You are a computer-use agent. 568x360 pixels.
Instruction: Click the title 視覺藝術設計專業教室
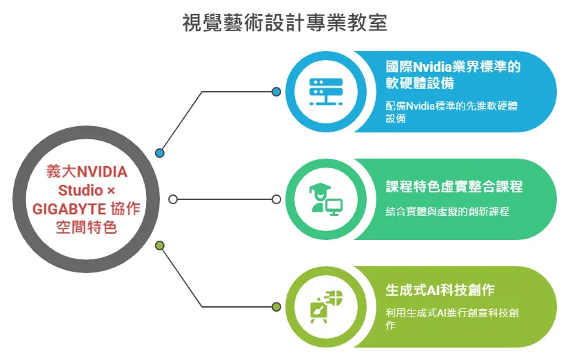pyautogui.click(x=285, y=23)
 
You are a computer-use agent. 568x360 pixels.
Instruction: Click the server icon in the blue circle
pyautogui.click(x=325, y=92)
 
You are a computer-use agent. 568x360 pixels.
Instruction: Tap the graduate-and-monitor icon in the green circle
pyautogui.click(x=325, y=199)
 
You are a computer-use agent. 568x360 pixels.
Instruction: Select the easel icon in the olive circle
pyautogui.click(x=325, y=307)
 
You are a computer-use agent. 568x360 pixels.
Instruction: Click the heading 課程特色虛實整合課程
pyautogui.click(x=454, y=186)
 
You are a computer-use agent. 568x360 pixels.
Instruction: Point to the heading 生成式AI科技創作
pyautogui.click(x=440, y=290)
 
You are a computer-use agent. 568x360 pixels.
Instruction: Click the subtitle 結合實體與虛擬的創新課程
pyautogui.click(x=447, y=211)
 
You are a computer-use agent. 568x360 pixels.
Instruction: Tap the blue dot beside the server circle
pyautogui.click(x=276, y=92)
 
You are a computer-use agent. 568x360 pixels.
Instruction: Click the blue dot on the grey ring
pyautogui.click(x=160, y=153)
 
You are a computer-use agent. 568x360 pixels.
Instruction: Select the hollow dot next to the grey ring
pyautogui.click(x=173, y=199)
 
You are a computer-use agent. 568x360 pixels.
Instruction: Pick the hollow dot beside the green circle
pyautogui.click(x=276, y=199)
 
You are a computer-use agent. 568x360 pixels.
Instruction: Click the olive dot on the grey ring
pyautogui.click(x=160, y=246)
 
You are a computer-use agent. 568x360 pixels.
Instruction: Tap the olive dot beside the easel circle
pyautogui.click(x=276, y=307)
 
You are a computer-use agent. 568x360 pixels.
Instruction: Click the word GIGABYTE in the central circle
pyautogui.click(x=69, y=209)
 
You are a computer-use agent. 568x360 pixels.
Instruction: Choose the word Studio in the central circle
pyautogui.click(x=81, y=190)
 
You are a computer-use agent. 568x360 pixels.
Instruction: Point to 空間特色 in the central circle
pyautogui.click(x=86, y=228)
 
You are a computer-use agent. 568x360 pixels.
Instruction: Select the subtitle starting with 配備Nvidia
pyautogui.click(x=452, y=112)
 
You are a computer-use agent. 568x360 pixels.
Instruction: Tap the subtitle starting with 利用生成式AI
pyautogui.click(x=452, y=319)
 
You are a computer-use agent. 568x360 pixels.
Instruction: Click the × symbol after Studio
pyautogui.click(x=111, y=191)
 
